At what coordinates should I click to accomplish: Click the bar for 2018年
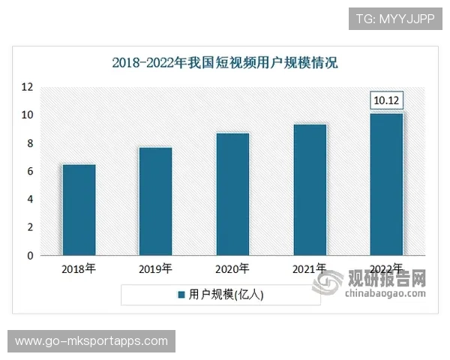tap(79, 210)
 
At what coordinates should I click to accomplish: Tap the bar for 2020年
tap(232, 194)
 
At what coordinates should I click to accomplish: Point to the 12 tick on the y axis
tap(27, 87)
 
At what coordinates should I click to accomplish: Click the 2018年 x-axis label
tap(79, 268)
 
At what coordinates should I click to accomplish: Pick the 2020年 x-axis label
tap(232, 268)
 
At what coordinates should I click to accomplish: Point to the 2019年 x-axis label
tap(155, 268)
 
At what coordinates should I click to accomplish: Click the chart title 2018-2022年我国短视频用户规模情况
tap(225, 63)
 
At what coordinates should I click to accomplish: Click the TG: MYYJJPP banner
tap(395, 17)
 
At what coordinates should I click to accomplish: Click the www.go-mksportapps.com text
tap(91, 341)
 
